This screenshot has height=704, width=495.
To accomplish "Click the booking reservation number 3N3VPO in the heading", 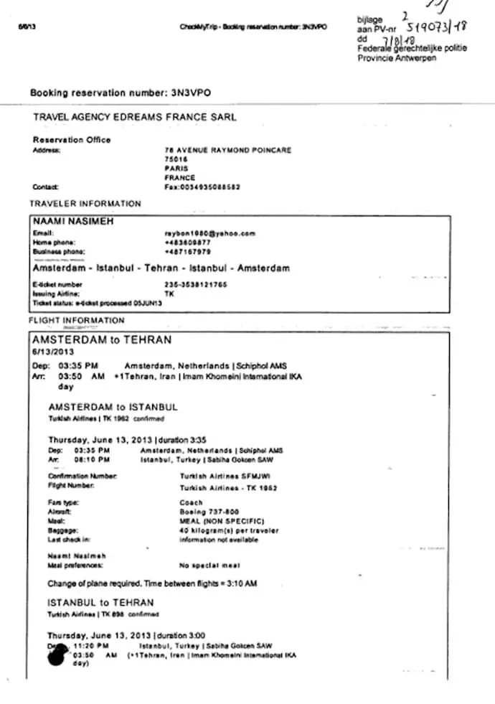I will coord(192,93).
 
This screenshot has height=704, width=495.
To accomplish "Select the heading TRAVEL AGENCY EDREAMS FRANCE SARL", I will coord(135,117).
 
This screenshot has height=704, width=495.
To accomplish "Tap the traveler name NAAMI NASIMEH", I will coord(73,222).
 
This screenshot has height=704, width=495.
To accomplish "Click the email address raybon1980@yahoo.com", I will coord(210,234).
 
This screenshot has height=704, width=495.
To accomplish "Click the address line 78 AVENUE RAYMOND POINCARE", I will coord(227,150).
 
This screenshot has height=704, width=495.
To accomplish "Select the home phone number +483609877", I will coord(188,243).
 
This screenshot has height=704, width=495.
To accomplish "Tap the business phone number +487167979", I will coord(188,252).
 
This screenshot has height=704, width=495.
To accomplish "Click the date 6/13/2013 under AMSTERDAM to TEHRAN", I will coord(53,352).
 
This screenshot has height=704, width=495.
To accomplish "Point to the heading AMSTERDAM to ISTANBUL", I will coord(113,407).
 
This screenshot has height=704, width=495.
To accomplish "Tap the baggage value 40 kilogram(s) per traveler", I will coord(229,530).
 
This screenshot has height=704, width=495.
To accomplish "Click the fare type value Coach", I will coord(191,503).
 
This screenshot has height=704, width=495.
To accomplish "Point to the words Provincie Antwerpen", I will coord(397,58).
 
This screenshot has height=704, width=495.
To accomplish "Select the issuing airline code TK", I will coord(170,294).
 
